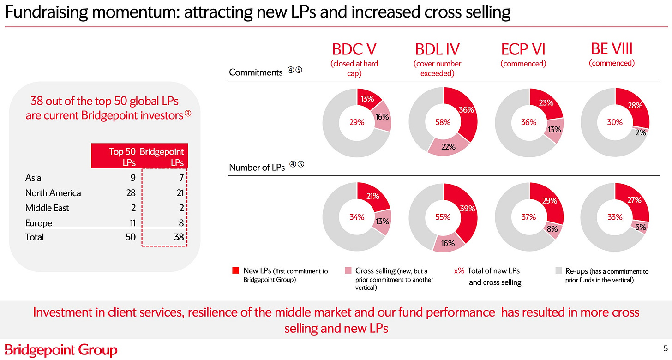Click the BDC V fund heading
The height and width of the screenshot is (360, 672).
[354, 49]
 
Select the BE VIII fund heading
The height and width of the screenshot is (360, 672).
[612, 49]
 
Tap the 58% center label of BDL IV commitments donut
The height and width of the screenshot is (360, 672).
[443, 122]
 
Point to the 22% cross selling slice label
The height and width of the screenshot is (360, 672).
[448, 147]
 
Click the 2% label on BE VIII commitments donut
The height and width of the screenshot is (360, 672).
[641, 132]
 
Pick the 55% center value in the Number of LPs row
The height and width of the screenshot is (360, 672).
[443, 217]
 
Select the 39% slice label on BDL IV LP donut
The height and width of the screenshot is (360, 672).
[468, 208]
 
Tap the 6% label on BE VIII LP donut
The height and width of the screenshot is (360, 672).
[641, 227]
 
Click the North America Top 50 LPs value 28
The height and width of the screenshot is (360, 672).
[131, 193]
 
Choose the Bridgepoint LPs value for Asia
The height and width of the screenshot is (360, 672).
[181, 178]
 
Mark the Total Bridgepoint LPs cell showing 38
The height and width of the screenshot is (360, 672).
[179, 237]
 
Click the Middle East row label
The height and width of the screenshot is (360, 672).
[47, 208]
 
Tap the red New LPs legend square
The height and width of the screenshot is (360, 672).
[236, 270]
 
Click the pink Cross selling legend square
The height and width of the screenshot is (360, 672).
[348, 270]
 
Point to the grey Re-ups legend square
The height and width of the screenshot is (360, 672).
[558, 270]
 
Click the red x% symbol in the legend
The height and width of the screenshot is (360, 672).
[459, 271]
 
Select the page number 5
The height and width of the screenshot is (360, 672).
[666, 348]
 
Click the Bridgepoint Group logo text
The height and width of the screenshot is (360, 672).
[61, 350]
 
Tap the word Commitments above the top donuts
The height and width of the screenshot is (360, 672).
[256, 72]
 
